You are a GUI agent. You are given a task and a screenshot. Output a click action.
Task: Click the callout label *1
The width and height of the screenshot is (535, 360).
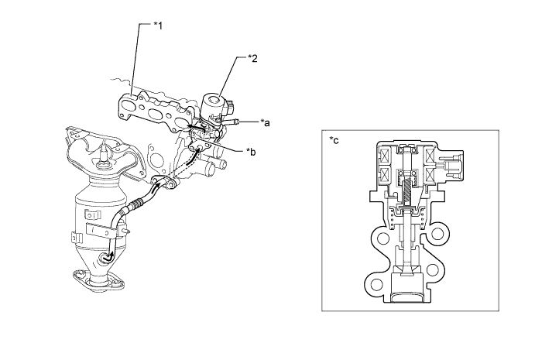coord(158,26)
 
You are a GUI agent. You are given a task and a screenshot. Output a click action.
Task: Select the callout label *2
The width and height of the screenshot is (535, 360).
coord(252,58)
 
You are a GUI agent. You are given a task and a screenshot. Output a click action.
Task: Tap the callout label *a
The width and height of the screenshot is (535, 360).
coord(265,122)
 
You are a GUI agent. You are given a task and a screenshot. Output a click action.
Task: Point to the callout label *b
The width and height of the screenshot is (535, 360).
coord(251,152)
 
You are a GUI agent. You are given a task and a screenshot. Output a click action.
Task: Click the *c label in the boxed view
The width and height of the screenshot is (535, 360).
coord(334,140)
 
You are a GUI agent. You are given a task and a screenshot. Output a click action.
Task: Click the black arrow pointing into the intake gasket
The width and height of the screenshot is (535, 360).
coord(196,128)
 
